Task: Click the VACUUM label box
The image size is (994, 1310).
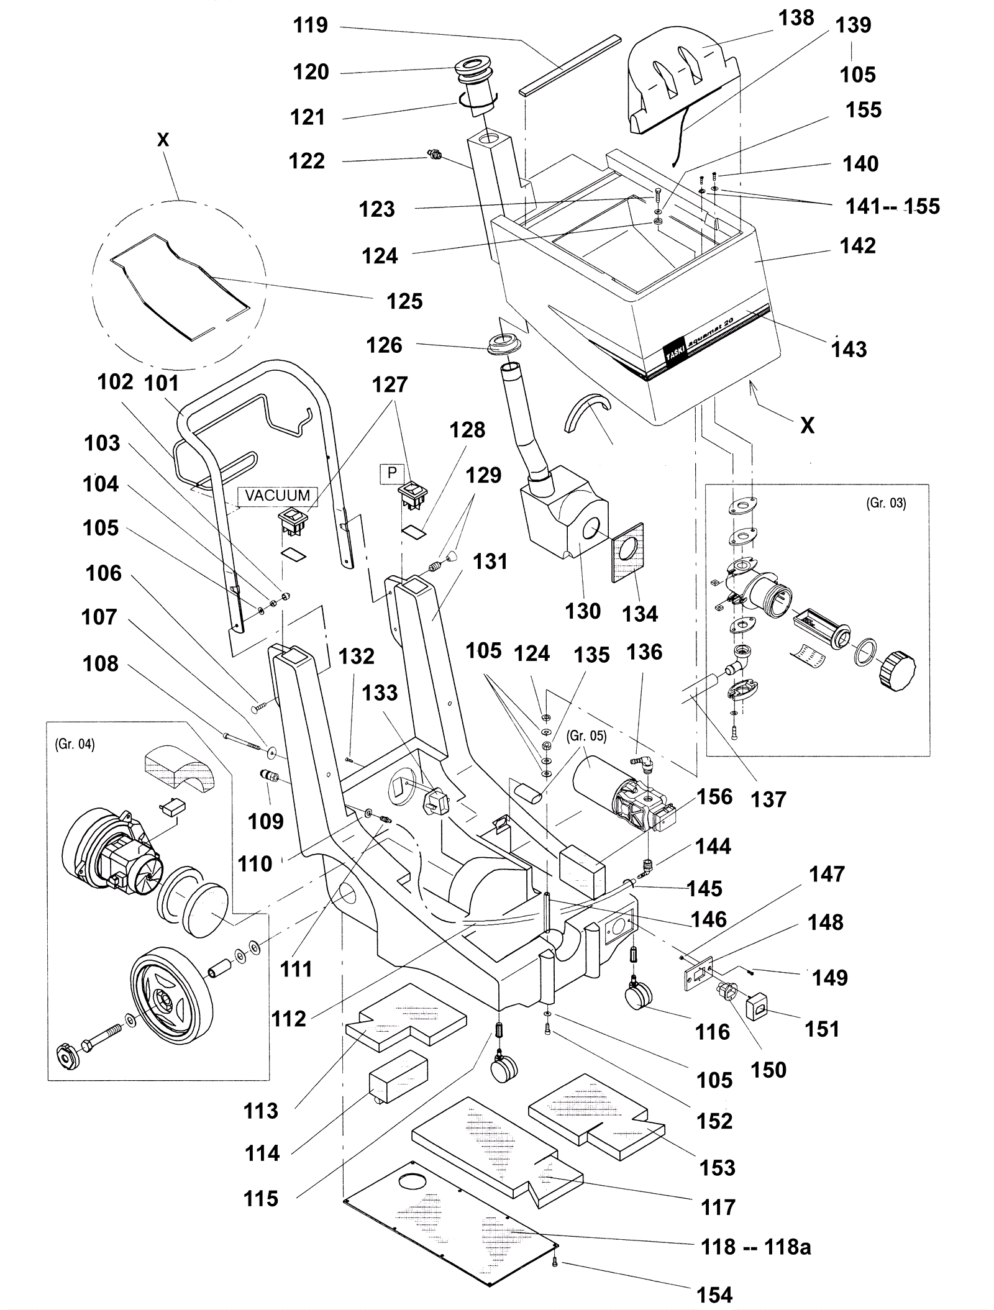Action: point(277,496)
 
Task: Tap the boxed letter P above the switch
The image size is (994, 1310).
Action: point(392,473)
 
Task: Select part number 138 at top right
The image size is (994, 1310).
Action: point(796,19)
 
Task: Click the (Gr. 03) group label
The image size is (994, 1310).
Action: point(886,503)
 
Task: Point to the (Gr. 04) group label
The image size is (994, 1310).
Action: point(75,744)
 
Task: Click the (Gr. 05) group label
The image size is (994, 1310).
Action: point(586,735)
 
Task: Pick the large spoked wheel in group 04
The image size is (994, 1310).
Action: point(171,997)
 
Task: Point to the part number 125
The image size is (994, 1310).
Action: point(404,302)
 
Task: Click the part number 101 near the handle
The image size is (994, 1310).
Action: point(162,383)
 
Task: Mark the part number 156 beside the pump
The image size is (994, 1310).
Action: point(714,797)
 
